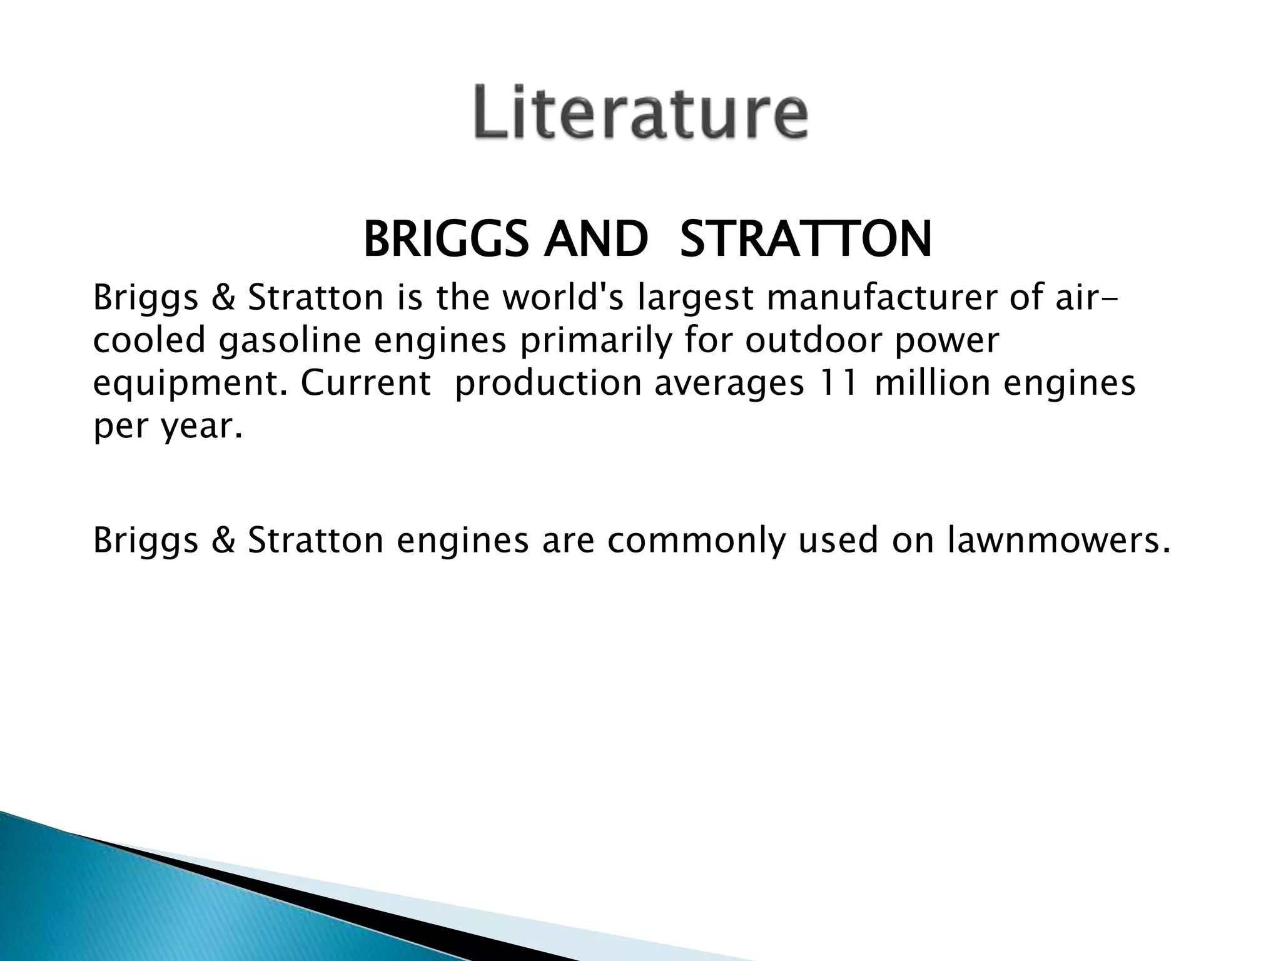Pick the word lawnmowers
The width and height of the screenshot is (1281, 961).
coord(1058,541)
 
